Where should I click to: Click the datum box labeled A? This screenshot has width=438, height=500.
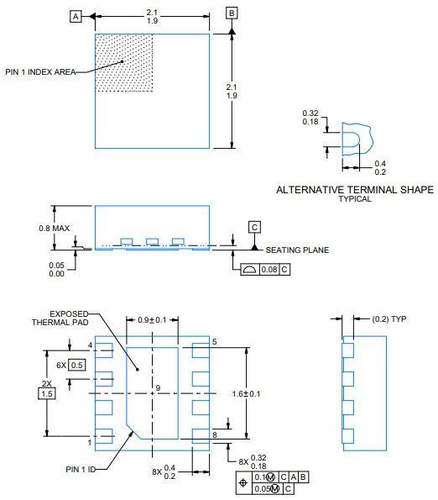(76, 16)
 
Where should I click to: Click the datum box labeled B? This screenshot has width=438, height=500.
(232, 13)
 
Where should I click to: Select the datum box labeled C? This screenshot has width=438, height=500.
(254, 227)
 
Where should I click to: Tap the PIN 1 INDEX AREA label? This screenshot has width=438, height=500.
(39, 72)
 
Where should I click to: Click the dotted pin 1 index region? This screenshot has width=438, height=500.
(124, 63)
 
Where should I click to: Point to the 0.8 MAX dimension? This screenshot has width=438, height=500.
(31, 228)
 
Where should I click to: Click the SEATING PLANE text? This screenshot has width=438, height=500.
(297, 250)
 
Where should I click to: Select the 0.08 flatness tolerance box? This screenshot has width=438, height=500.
(269, 269)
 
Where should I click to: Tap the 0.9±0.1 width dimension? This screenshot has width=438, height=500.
(152, 320)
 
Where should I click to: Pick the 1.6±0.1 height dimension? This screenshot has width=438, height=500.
(269, 393)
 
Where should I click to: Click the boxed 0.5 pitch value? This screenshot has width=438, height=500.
(76, 365)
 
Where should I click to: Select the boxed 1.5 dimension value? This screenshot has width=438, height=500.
(47, 393)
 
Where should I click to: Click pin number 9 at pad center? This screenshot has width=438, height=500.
(156, 387)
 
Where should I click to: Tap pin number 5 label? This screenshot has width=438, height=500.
(215, 342)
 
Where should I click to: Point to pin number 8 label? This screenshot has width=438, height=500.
(215, 434)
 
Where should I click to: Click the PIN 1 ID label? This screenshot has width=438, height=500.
(80, 469)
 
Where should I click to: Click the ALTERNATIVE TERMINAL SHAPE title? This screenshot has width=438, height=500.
(355, 190)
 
